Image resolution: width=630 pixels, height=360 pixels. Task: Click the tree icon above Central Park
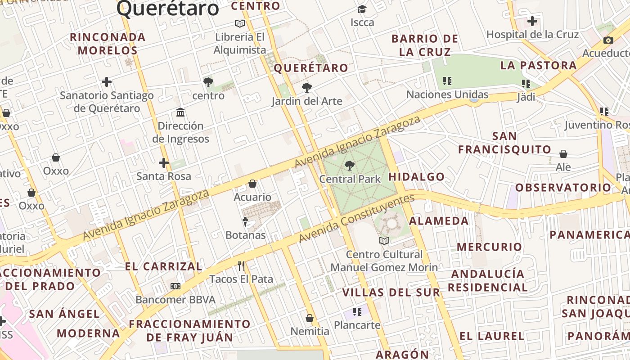[x=349, y=166]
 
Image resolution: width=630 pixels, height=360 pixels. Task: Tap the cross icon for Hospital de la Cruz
[x=532, y=21]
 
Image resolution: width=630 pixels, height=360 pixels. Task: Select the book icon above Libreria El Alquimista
[x=240, y=23]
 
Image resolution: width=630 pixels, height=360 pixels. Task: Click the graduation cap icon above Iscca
[x=362, y=9]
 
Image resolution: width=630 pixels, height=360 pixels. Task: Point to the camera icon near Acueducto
[x=608, y=40]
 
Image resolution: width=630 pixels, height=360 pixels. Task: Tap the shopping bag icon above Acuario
[x=252, y=184]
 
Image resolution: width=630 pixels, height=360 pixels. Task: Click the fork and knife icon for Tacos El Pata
[x=241, y=265]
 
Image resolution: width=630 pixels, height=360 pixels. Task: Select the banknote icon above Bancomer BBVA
[x=175, y=286]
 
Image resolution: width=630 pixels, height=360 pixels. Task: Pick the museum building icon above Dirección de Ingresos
[x=180, y=112]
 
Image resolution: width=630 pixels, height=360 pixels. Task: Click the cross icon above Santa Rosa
[x=164, y=163]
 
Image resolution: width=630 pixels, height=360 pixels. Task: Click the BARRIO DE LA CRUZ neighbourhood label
[x=425, y=45]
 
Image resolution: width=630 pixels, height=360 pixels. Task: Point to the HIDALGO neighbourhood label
[x=416, y=177]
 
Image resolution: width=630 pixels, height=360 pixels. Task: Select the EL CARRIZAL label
[x=164, y=266]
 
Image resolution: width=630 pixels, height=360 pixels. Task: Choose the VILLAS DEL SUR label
[x=391, y=292]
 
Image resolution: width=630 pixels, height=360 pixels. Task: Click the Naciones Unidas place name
[x=447, y=94]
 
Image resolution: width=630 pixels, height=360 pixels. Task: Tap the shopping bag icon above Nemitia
[x=309, y=318]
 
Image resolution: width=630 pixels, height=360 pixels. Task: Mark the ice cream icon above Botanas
[x=245, y=221]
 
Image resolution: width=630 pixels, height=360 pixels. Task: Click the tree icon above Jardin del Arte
[x=307, y=88]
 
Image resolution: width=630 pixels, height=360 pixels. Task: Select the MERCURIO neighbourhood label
[x=489, y=247]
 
